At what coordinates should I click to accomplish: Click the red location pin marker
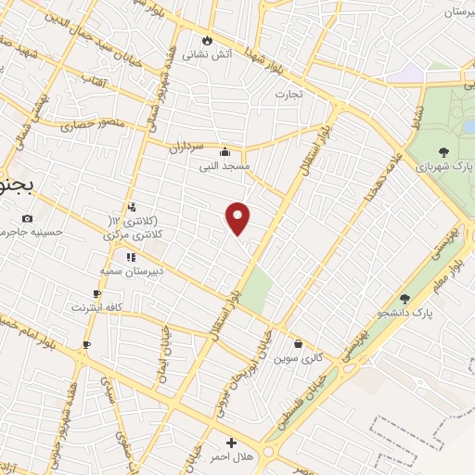238,218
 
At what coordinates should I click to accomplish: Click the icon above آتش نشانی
206,41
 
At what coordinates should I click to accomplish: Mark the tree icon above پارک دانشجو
404,299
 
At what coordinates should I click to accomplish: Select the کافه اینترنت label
96,306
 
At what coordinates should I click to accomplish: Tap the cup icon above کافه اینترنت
96,293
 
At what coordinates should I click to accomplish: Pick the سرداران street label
192,147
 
